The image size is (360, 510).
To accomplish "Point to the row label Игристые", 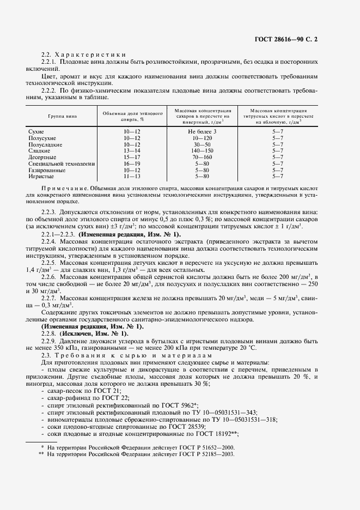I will (40, 176).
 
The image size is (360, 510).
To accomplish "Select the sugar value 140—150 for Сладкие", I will (203, 151).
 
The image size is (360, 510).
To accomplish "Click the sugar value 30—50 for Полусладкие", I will (203, 145).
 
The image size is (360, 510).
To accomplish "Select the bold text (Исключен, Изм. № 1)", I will (87, 348).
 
